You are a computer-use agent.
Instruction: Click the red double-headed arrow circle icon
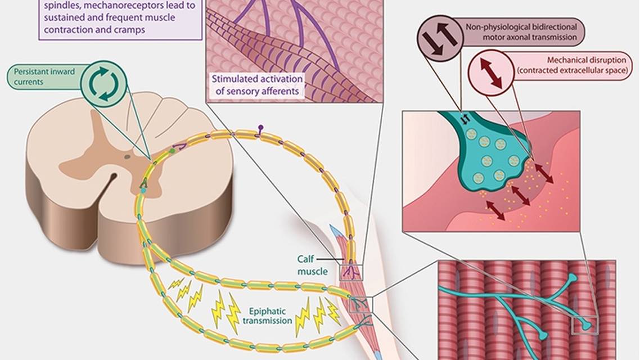coord(490,72)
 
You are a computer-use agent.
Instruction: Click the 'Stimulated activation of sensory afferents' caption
coord(257,84)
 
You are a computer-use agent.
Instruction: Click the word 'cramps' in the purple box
coord(130,30)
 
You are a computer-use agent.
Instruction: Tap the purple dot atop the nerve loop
coord(260,128)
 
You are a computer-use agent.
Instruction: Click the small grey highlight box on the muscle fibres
coord(584,325)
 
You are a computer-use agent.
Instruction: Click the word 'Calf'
coord(308,260)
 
